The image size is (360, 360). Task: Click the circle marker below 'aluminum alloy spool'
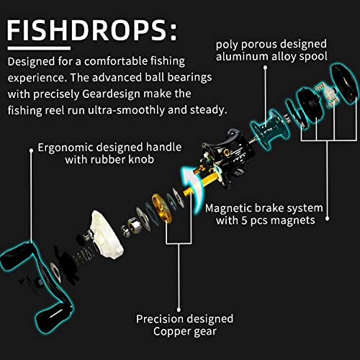266,69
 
